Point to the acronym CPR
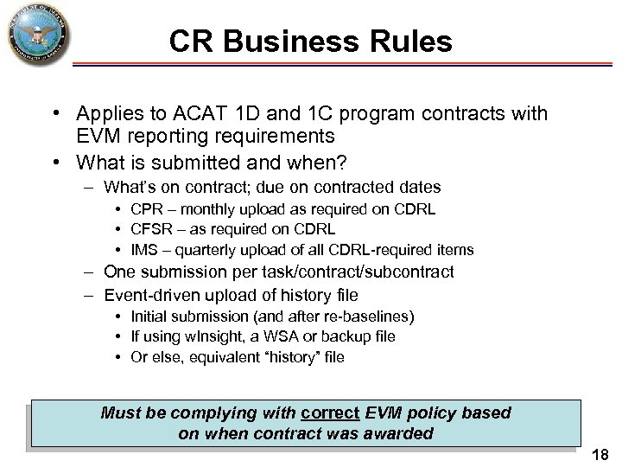coord(146,208)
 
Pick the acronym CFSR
coord(151,229)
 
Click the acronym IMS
coord(144,250)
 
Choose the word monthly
coord(210,208)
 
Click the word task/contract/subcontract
coord(333,272)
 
